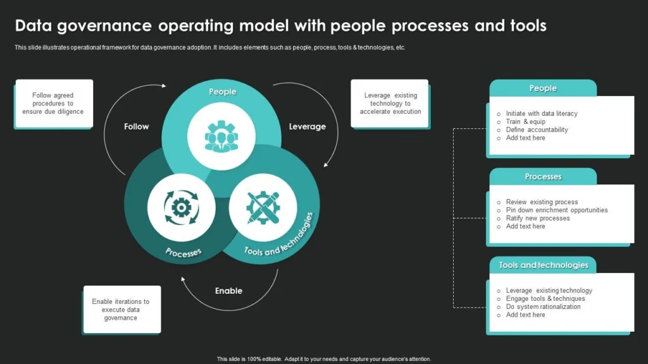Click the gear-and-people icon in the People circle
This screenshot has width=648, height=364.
[221, 136]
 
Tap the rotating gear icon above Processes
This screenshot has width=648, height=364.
[181, 207]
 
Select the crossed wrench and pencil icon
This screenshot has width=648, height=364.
[263, 208]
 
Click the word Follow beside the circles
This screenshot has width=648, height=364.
[137, 126]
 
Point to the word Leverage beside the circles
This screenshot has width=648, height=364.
[308, 126]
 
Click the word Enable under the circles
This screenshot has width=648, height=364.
[228, 291]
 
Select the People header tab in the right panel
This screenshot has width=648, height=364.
[543, 88]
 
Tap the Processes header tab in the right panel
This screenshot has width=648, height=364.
[543, 177]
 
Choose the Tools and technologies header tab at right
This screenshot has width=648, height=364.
[543, 265]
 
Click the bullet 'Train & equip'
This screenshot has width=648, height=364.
[525, 122]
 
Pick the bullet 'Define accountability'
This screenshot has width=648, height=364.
[537, 130]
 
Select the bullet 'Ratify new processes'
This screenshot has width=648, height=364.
[537, 218]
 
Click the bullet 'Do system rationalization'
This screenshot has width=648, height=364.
[543, 306]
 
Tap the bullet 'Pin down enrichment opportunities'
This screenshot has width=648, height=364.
[556, 210]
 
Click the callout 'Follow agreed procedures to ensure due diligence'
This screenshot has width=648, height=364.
[53, 104]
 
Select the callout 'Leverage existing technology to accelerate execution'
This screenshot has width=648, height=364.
[390, 104]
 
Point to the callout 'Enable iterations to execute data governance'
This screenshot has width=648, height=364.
[121, 310]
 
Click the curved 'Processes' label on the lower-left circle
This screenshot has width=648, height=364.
[184, 252]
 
